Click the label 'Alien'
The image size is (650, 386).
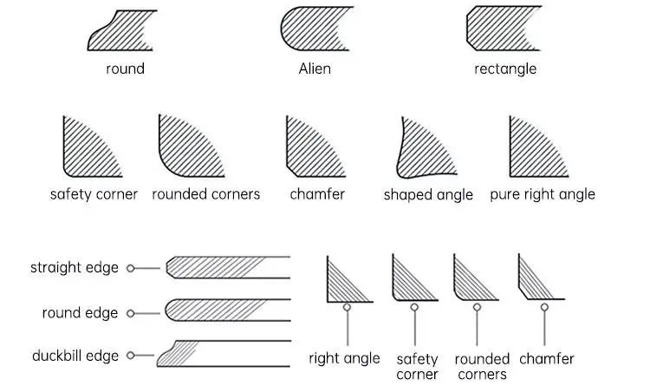tap(315, 69)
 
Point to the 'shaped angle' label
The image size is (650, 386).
tap(428, 194)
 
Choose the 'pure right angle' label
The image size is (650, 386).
tap(543, 194)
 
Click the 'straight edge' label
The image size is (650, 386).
tap(74, 268)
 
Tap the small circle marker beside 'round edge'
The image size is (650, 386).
tap(131, 312)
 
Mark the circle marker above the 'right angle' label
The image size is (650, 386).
tap(348, 306)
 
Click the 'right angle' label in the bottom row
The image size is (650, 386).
tap(344, 358)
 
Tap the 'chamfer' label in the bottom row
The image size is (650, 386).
tap(546, 358)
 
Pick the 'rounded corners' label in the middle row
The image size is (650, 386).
tap(205, 194)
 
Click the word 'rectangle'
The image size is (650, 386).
tap(505, 69)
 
